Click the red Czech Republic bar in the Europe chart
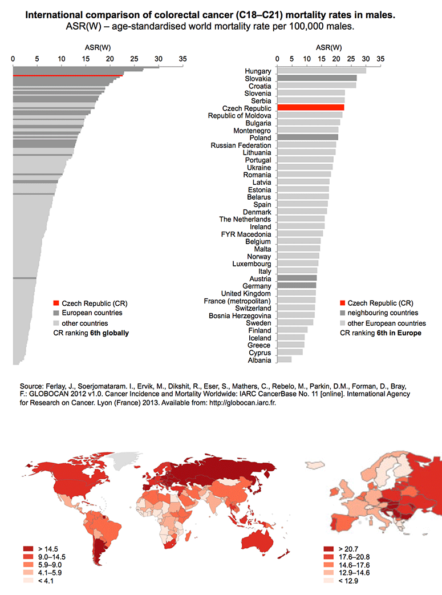311,108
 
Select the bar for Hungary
322,71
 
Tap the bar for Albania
285,360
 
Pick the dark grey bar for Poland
308,137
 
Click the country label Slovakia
258,79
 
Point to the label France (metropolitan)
237,301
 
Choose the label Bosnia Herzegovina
240,315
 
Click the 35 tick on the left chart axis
183,59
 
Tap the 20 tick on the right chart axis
336,59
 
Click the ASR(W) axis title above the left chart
98,47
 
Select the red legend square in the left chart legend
56,303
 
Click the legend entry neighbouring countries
383,313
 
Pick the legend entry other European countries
387,323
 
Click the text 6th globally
110,333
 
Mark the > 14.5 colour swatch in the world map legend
29,549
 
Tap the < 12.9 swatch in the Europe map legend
329,581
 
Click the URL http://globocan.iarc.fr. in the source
242,403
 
